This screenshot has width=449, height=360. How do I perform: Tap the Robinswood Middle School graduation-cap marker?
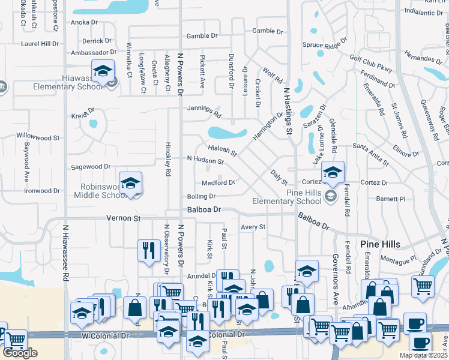[130, 182]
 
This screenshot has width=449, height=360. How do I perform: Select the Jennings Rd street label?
[204, 112]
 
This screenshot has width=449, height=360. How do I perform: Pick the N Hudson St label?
[205, 160]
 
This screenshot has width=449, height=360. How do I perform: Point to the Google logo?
[20, 353]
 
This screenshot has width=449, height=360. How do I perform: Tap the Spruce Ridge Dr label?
[325, 44]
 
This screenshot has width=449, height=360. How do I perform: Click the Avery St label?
[253, 227]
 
